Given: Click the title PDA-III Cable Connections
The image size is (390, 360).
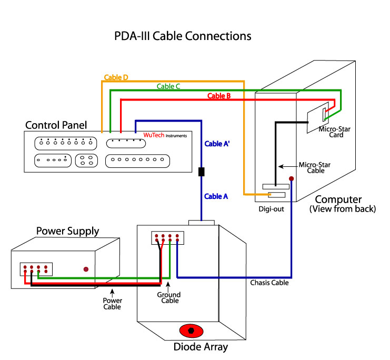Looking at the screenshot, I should tap(183, 36).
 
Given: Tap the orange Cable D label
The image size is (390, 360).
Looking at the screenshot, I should tap(116, 78).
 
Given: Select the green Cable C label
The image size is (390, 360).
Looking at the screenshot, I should tap(168, 86).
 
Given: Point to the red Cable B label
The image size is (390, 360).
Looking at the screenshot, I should tap(219, 96).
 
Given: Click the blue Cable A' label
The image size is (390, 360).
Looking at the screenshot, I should tap(216, 142).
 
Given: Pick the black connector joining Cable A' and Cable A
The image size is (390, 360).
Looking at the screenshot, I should tap(201, 172).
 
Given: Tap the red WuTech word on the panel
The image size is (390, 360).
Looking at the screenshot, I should tap(154, 135).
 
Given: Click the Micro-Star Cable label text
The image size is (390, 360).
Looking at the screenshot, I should tap(314, 168).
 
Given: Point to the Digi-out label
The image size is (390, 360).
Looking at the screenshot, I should tap(272, 209).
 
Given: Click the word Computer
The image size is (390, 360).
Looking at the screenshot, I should tap(338, 199).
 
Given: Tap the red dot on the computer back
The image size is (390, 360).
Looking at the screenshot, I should tap(291, 179).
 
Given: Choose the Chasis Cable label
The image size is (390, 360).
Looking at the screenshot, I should tap(269, 283).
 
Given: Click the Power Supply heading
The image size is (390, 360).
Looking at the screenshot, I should tap(67, 231).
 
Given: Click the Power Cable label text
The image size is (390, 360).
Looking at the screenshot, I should tap(112, 303).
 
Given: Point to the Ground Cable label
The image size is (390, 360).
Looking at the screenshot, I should tap(169, 298).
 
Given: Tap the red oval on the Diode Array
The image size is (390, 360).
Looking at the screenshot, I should tap(192, 331).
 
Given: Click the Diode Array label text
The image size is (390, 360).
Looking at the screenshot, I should tap(201, 347).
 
